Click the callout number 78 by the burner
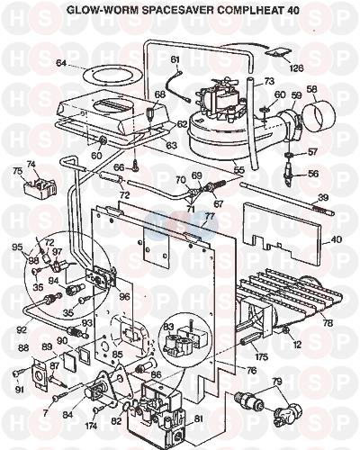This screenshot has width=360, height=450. [x=327, y=323]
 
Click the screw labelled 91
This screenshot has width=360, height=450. [x=16, y=374]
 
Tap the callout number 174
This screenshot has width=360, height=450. [x=92, y=426]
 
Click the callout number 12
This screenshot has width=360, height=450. [x=297, y=345]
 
